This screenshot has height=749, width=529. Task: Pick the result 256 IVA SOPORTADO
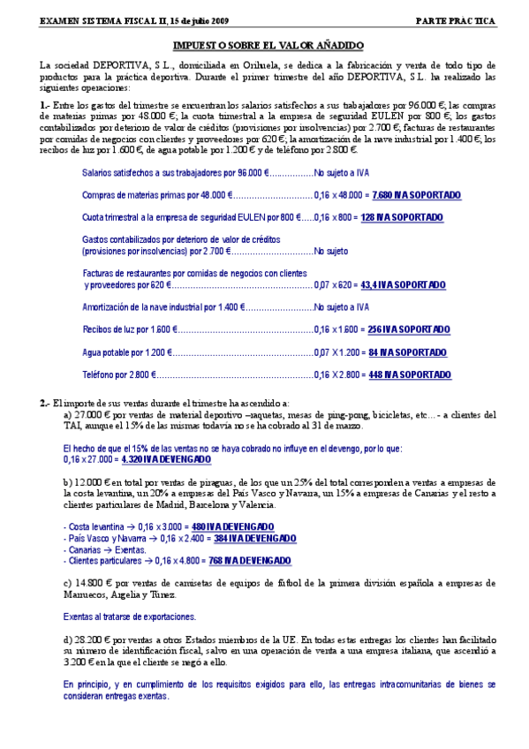pos(408,329)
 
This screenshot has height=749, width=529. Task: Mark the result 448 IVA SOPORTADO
pos(412,374)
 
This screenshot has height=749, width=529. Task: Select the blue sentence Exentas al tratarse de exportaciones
pos(130,617)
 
